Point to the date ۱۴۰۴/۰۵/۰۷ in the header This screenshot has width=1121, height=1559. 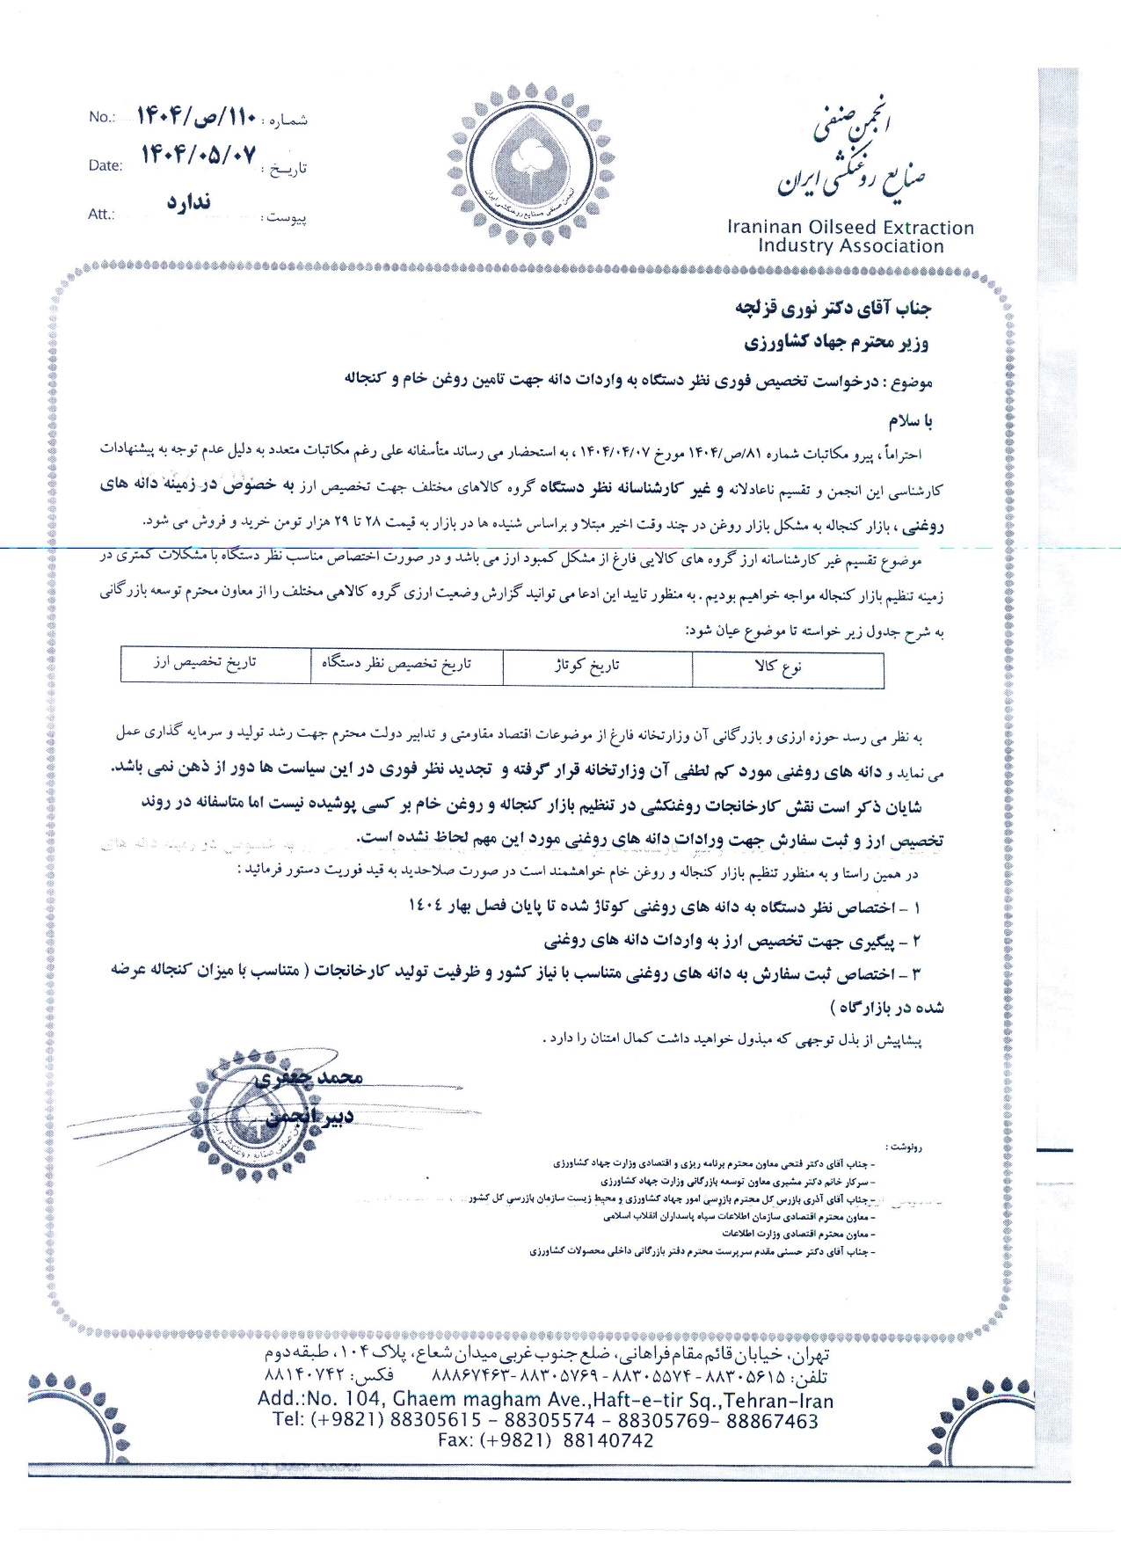[x=200, y=156]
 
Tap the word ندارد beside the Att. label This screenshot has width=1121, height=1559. [x=189, y=202]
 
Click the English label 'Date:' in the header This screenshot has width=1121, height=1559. [x=106, y=165]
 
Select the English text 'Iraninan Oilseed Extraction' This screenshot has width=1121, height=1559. [x=850, y=228]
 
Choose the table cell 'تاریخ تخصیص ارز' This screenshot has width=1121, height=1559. [x=205, y=662]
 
